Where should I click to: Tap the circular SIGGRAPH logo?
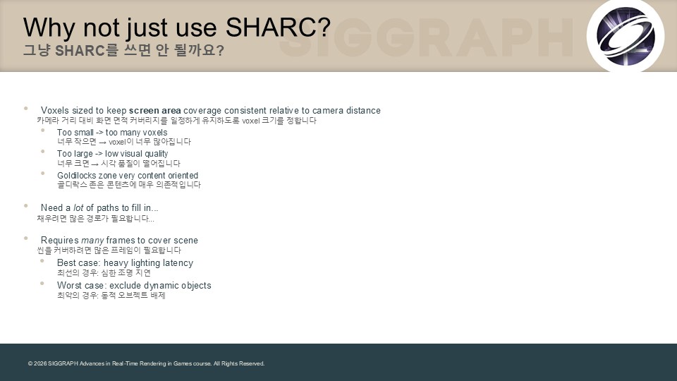tap(626, 36)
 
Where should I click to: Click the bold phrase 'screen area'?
tap(155, 111)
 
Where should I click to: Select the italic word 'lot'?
tap(78, 207)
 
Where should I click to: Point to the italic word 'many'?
tap(92, 241)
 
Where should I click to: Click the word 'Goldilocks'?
tap(76, 176)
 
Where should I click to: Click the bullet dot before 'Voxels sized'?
tap(26, 109)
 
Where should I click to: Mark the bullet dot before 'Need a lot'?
tap(26, 205)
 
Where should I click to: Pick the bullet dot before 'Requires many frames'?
tap(26, 238)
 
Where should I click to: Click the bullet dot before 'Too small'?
tap(42, 130)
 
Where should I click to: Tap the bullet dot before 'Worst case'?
tap(42, 284)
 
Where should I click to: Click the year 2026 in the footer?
tap(40, 364)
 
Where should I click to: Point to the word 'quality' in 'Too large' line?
tap(157, 155)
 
